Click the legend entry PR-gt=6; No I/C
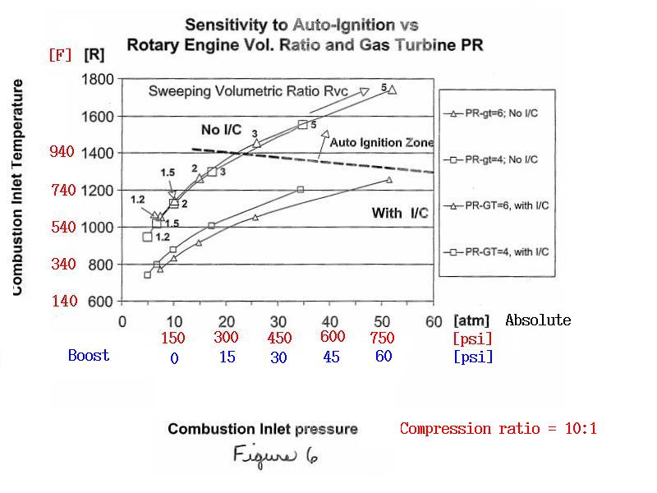click(491, 113)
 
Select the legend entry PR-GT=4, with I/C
click(497, 252)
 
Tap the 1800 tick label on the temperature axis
click(97, 79)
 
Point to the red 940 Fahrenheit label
click(62, 151)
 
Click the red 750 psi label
click(382, 338)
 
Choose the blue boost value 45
click(331, 357)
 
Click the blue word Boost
click(89, 356)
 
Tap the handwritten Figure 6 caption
click(275, 456)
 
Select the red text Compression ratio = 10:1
click(498, 428)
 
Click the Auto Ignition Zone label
click(382, 142)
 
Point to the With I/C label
click(400, 213)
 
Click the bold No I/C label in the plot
click(221, 130)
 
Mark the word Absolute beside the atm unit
click(538, 320)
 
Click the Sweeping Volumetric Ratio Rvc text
click(248, 91)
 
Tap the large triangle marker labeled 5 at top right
click(393, 90)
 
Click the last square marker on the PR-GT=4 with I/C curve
click(300, 190)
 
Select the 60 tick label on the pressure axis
click(434, 322)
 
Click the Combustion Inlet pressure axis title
click(263, 429)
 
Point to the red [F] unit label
click(60, 54)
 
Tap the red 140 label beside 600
click(65, 301)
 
